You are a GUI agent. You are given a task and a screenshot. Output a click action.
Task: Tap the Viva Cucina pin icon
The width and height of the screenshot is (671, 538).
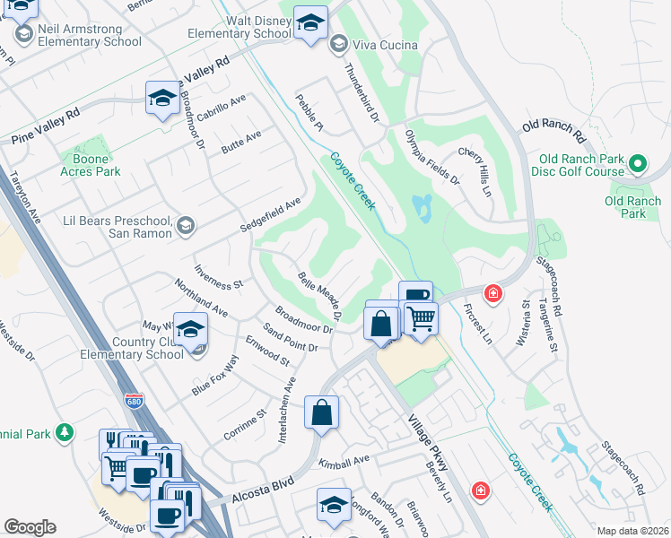[339, 43]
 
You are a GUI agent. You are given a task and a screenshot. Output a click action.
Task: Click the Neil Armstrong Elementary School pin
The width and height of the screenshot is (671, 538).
[24, 34]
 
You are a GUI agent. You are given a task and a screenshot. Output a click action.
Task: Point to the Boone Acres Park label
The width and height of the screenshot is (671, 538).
[90, 165]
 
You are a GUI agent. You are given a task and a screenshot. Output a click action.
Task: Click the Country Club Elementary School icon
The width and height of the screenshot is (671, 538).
[190, 331]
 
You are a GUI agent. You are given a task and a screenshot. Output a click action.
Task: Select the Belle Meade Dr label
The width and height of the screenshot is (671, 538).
[320, 297]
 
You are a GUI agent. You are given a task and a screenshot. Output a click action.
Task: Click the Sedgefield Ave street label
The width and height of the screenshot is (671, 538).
[270, 216]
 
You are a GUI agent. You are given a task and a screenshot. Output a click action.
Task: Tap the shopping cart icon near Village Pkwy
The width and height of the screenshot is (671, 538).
[421, 317]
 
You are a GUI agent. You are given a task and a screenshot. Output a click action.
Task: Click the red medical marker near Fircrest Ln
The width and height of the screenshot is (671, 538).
[492, 293]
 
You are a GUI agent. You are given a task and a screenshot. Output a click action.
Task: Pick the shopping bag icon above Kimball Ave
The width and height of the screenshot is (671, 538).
[321, 413]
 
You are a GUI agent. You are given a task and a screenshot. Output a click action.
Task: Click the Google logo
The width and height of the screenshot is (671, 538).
[30, 527]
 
